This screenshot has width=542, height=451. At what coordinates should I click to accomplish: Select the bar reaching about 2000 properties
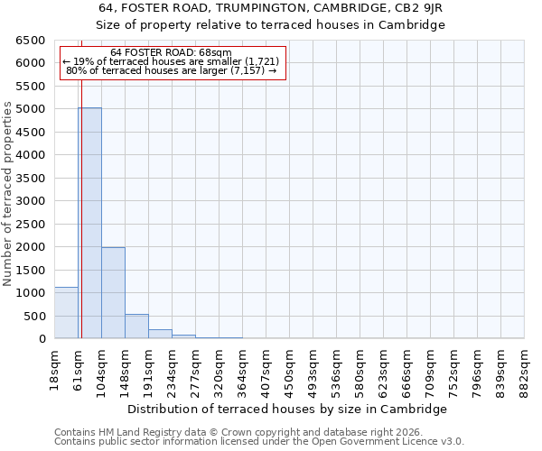[113, 293]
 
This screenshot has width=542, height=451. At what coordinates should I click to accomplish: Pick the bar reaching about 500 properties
[136, 327]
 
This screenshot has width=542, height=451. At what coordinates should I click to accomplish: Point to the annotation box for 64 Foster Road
[172, 62]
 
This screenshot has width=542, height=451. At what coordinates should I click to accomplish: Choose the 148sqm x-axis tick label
[125, 369]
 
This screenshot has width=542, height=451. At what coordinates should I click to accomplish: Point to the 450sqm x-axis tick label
[289, 369]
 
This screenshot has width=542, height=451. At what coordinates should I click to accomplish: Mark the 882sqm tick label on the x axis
[524, 369]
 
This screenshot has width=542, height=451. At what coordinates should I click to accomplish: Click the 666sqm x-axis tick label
[406, 369]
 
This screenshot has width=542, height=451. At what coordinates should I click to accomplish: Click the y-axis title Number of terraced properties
[8, 194]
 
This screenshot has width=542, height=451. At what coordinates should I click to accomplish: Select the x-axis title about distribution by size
[287, 409]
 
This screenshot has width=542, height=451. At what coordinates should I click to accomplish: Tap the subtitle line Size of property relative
[271, 24]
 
